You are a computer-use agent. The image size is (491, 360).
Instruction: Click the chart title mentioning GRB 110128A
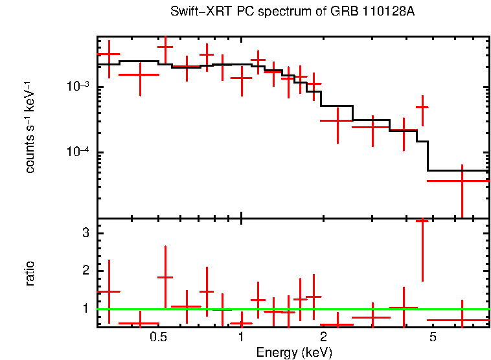292,12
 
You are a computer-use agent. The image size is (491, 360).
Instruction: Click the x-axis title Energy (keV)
293,352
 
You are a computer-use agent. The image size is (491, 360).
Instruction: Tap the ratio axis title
30,273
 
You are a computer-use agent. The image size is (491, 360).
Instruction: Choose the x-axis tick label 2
323,337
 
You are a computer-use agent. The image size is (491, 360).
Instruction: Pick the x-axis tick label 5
432,337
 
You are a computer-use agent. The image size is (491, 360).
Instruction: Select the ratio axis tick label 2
84,271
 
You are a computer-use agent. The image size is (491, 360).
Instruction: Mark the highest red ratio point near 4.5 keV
422,221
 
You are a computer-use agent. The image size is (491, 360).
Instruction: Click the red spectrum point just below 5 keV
422,107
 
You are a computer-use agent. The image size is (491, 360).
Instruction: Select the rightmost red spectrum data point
462,181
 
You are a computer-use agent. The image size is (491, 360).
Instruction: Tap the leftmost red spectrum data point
109,55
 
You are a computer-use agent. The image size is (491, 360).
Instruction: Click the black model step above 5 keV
457,170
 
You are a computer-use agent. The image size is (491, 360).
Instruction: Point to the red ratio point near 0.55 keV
165,277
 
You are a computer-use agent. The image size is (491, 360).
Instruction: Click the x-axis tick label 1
241,337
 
